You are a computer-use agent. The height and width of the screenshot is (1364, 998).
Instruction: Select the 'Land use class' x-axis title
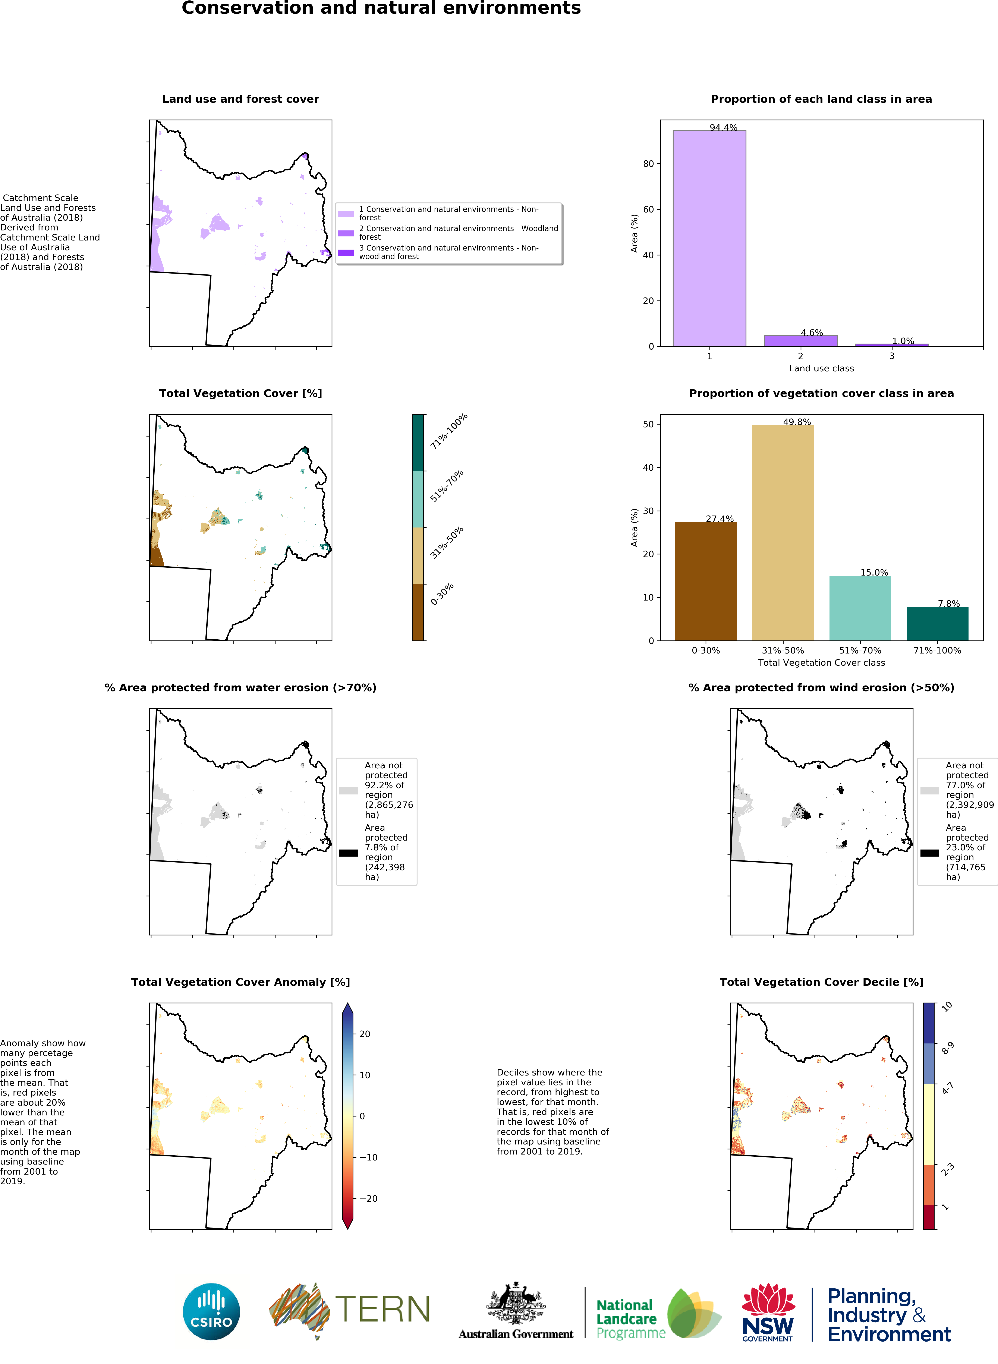click(821, 368)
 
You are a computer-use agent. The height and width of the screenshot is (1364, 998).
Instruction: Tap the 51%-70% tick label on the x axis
click(860, 651)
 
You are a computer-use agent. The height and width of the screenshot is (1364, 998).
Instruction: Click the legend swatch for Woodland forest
click(346, 233)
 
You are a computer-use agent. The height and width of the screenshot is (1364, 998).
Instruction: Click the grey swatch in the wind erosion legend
click(929, 790)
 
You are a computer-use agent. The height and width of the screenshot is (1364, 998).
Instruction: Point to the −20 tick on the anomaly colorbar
click(369, 1198)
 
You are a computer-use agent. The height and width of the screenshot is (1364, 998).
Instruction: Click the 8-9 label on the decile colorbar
click(947, 1048)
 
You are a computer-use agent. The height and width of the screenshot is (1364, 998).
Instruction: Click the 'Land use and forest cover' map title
click(240, 99)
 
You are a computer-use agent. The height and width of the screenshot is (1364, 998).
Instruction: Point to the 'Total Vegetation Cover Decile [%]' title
click(821, 982)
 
